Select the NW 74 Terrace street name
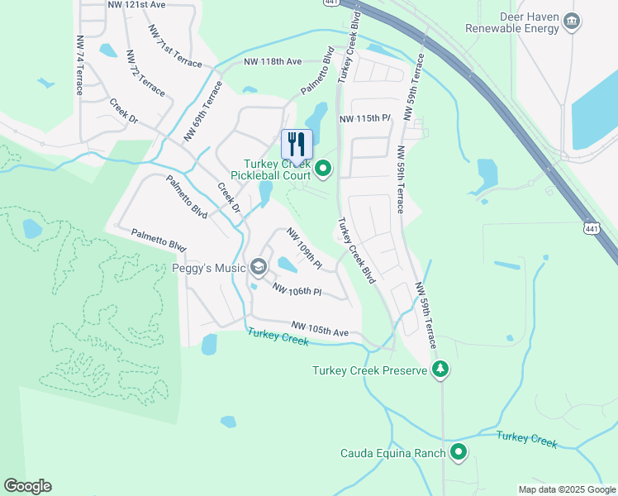pyautogui.click(x=80, y=64)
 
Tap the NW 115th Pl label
pyautogui.click(x=364, y=119)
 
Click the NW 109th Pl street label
pyautogui.click(x=304, y=247)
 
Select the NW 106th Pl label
pyautogui.click(x=297, y=292)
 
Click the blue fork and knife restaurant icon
pyautogui.click(x=297, y=144)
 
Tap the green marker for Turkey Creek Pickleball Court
pyautogui.click(x=323, y=170)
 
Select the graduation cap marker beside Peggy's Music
pyautogui.click(x=259, y=266)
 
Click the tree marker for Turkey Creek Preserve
pyautogui.click(x=441, y=370)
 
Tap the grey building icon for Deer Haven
pyautogui.click(x=570, y=22)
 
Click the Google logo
pyautogui.click(x=27, y=486)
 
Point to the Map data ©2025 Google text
pyautogui.click(x=566, y=489)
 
